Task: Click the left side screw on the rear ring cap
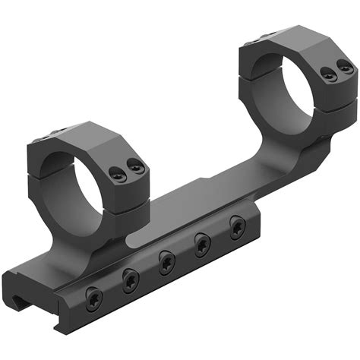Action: tap(326, 74)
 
